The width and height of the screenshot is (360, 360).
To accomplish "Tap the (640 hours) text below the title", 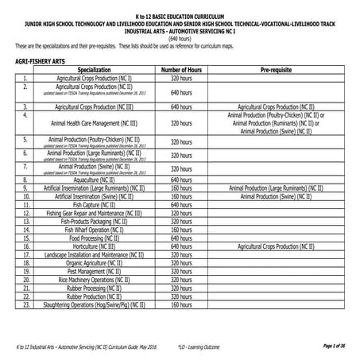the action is [x=180, y=38].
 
